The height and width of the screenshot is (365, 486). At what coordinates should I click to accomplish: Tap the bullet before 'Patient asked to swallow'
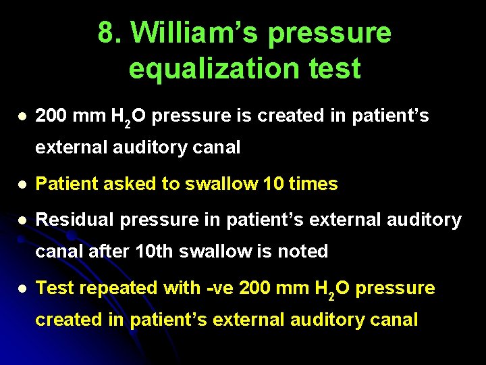click(23, 184)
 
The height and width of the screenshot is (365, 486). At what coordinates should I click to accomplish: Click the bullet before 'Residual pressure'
click(23, 220)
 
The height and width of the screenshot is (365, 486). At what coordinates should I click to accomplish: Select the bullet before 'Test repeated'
click(23, 289)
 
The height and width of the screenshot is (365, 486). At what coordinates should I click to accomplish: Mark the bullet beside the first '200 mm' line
click(23, 116)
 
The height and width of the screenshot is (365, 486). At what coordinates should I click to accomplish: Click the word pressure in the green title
click(330, 32)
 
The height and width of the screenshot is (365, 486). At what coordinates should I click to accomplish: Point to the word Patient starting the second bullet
click(63, 184)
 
